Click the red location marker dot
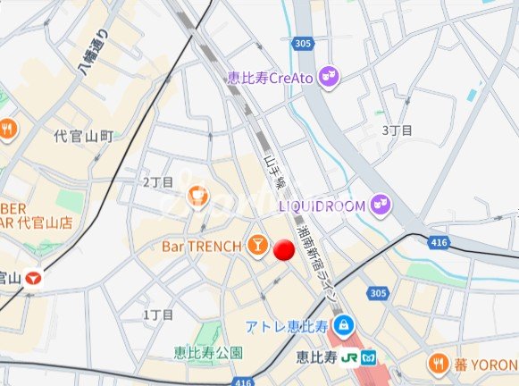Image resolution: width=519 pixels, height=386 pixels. (x=283, y=251)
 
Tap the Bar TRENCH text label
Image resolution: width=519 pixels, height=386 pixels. (x=201, y=245)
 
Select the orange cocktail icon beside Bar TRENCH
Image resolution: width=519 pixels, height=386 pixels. (x=255, y=244)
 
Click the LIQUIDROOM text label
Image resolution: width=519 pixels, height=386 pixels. (x=322, y=206)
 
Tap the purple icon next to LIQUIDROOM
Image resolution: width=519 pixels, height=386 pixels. (x=381, y=206)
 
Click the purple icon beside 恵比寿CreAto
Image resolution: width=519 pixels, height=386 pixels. (x=329, y=78)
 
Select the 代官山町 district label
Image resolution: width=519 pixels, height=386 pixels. (x=84, y=136)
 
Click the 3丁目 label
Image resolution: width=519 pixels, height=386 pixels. (x=398, y=130)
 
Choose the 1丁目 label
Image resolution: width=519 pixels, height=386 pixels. (x=158, y=315)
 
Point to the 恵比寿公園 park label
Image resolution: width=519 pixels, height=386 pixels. (x=207, y=352)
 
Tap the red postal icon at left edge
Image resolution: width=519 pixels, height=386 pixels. (x=35, y=277)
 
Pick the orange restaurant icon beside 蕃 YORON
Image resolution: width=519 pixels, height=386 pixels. (x=437, y=363)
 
